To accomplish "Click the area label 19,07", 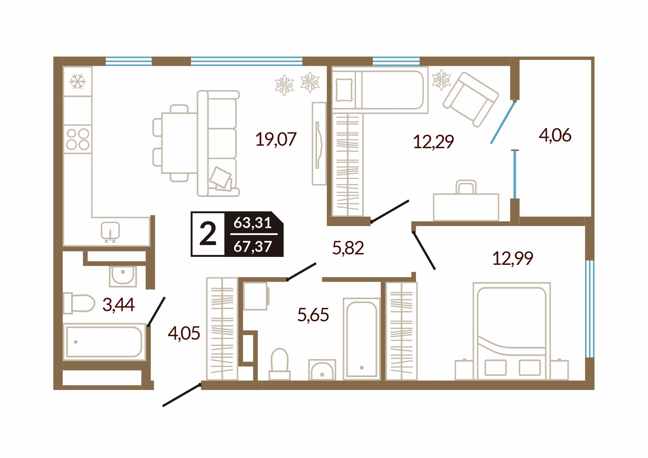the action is (276, 139).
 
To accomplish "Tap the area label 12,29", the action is (434, 142).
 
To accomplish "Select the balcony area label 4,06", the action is (555, 135).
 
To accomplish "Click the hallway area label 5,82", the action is (348, 248).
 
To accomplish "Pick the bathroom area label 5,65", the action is (313, 315).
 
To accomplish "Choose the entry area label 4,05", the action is (184, 333).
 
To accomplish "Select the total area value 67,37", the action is (253, 246).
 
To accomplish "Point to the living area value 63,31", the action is (253, 223).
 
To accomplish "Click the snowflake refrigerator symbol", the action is (78, 82).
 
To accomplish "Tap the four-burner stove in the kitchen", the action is (78, 139).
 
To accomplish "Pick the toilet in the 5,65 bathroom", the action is (279, 364).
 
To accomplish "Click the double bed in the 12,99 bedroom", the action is (512, 331).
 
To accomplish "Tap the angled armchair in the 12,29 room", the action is (471, 99).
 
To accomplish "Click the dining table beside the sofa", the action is (179, 143).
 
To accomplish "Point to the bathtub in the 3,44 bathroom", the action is (104, 342).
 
